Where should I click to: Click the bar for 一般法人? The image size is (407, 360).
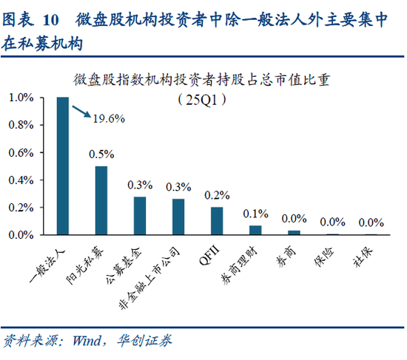point(63,166)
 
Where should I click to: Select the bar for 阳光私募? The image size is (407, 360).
point(101,200)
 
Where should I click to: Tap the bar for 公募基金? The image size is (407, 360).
point(140,216)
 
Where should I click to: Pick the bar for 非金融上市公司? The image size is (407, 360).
point(178,217)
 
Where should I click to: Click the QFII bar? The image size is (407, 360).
point(217,220)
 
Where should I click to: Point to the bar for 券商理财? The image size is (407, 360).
point(255,230)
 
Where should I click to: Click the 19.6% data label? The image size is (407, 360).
point(108,118)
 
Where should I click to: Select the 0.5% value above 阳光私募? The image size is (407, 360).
point(101,154)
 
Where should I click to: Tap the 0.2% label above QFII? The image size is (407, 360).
point(217,195)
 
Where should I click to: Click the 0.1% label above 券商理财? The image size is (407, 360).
point(255,214)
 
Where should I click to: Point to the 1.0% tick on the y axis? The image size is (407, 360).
point(21,98)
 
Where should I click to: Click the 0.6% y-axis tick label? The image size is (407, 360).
point(21,152)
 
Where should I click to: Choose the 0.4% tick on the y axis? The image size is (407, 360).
point(21,180)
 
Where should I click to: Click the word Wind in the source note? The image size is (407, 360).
point(88,341)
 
